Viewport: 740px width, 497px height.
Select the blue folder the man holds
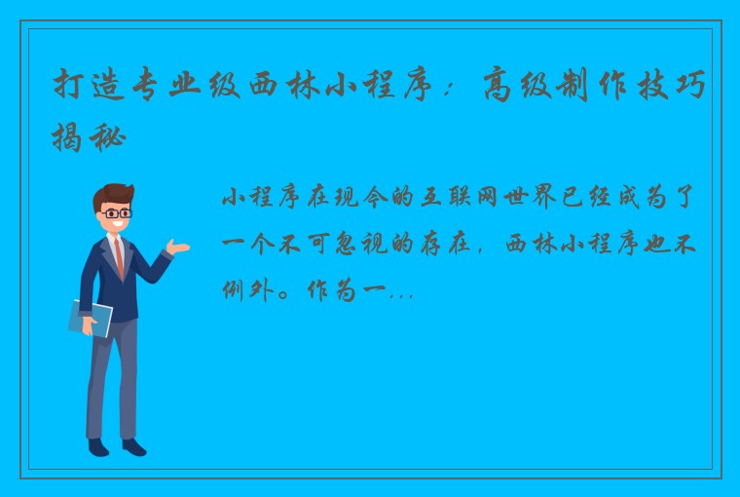coord(91,318)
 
